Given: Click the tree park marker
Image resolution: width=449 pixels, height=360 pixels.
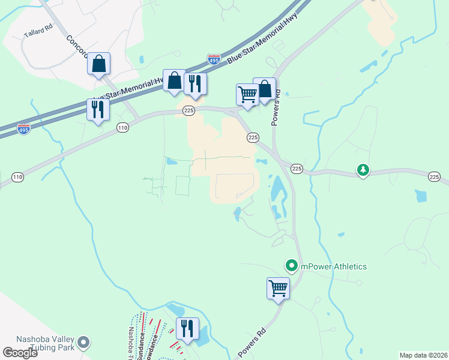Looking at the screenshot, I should pos(363,170).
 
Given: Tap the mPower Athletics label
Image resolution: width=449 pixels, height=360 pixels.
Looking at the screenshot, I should pos(333,266).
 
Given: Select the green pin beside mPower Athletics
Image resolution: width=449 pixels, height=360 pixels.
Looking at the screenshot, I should pos(292,265).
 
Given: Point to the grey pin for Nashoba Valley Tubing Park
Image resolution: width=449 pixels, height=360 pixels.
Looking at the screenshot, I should pos(83,343).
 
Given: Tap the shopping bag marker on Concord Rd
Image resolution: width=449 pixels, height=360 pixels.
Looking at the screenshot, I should pos(99,64).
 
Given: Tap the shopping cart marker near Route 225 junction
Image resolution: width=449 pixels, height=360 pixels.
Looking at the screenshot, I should pos(247,94).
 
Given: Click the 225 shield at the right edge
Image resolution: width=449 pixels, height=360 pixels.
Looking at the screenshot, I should pos(435,176).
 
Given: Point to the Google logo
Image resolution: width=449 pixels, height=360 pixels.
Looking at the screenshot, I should pos(20,353).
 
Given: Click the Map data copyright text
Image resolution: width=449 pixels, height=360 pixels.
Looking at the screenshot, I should pos(423,355).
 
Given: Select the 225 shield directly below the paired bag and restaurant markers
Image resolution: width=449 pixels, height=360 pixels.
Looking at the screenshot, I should pos(188,110).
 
